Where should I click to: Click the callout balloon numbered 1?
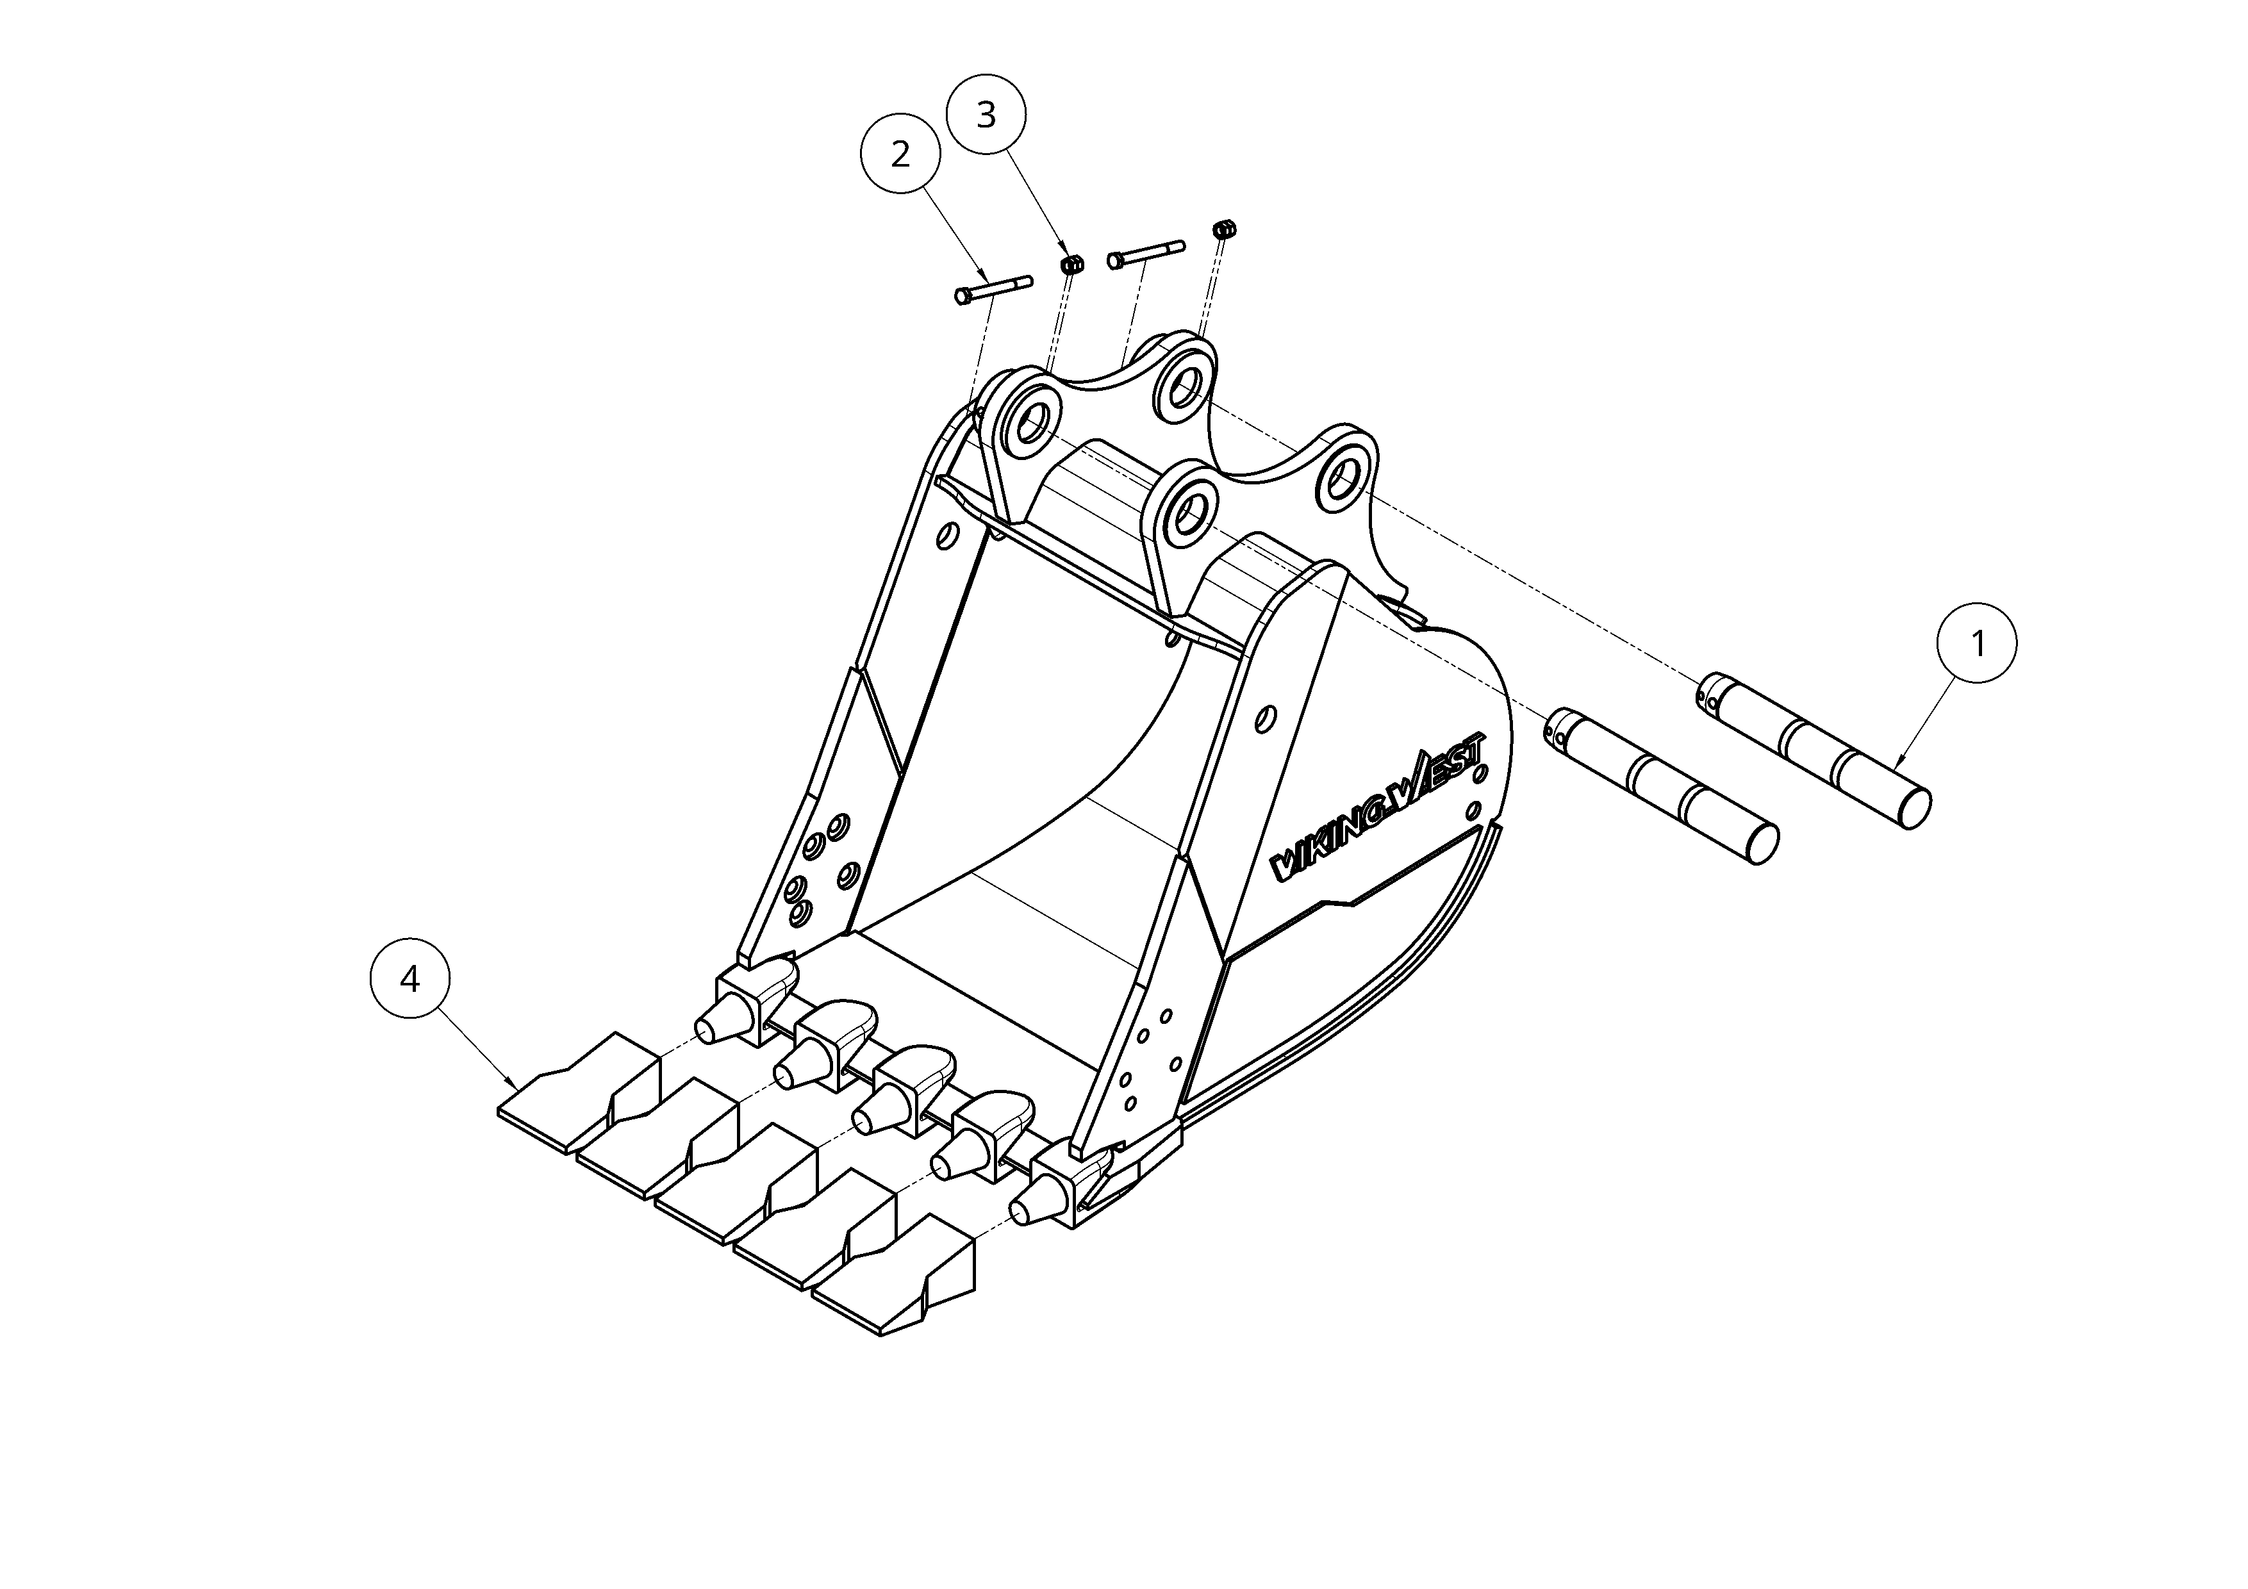pos(1977,643)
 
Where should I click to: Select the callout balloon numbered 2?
pos(900,154)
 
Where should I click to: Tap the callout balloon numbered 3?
pos(986,115)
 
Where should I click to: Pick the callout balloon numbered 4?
pos(410,979)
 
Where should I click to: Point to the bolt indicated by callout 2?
pos(993,290)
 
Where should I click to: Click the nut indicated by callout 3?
pos(1072,263)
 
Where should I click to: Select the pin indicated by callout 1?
pos(1814,750)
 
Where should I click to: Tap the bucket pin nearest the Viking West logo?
pos(1662,785)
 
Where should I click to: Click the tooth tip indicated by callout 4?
pos(580,1092)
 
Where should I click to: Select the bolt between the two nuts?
pos(1146,254)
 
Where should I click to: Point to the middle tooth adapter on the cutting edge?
pos(907,1088)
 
